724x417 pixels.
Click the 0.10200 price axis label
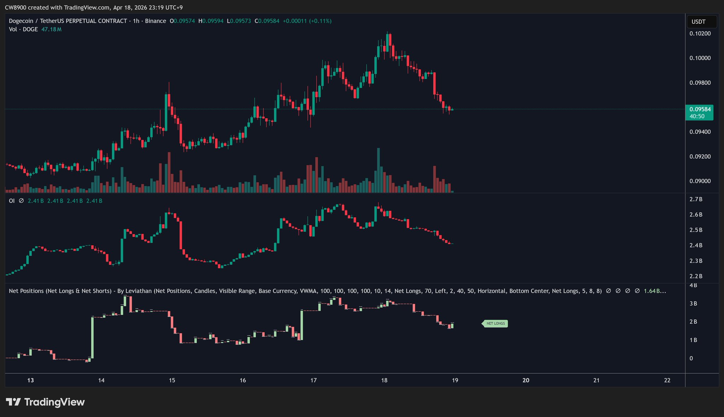click(700, 34)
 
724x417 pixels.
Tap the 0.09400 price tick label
click(700, 132)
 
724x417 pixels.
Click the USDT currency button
click(699, 22)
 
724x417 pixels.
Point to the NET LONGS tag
click(496, 323)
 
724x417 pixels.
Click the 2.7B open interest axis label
click(696, 199)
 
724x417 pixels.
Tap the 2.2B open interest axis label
click(696, 276)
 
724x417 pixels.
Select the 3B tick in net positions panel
click(693, 304)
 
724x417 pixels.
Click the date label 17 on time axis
click(313, 380)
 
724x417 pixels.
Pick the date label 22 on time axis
click(667, 380)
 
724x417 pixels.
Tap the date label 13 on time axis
click(30, 380)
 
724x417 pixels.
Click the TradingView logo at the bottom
click(45, 402)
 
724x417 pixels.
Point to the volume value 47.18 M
click(51, 29)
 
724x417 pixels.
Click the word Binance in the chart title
click(155, 21)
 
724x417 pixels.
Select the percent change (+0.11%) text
click(320, 21)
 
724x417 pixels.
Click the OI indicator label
click(12, 201)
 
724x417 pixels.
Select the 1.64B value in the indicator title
click(652, 291)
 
